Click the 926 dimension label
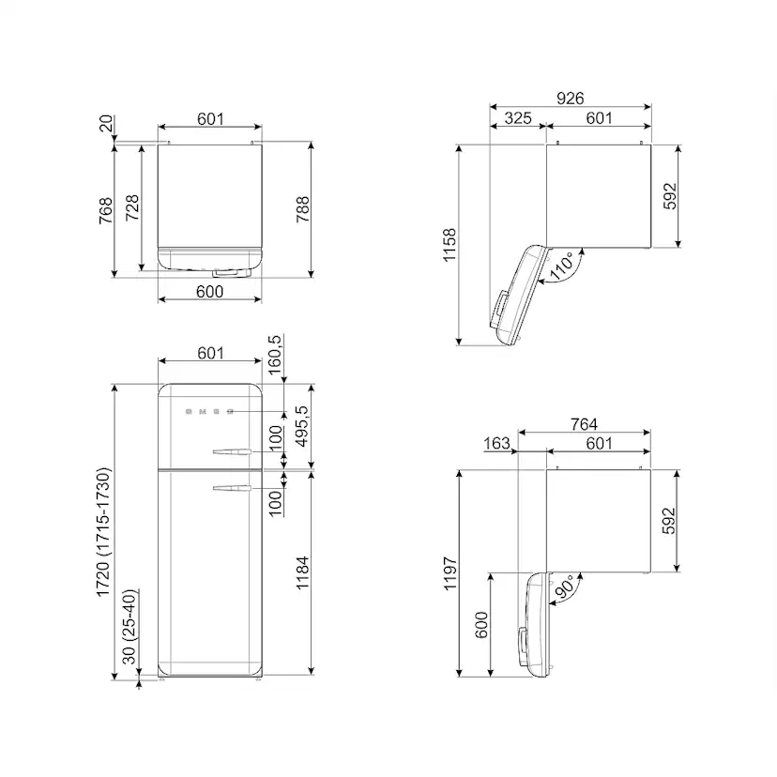click(570, 99)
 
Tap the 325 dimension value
click(518, 118)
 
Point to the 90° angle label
click(564, 587)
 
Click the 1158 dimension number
click(449, 245)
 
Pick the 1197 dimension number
click(449, 573)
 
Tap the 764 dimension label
click(584, 424)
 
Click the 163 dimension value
click(496, 443)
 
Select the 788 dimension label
click(303, 209)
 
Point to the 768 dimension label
click(105, 210)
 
